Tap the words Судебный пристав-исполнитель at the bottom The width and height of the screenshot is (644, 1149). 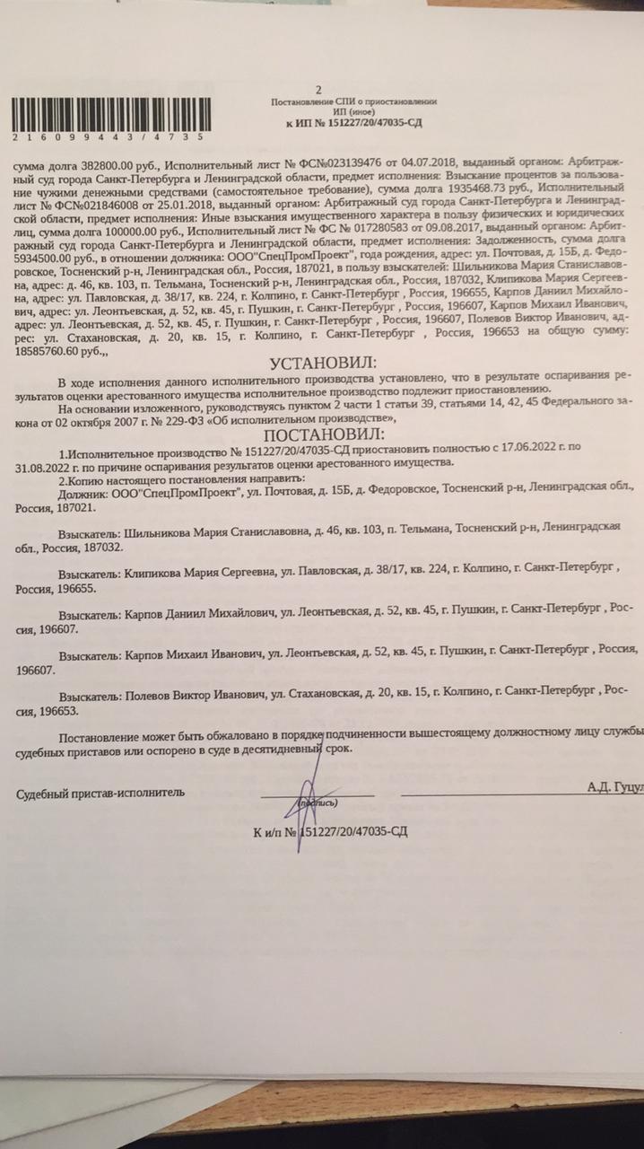(100, 793)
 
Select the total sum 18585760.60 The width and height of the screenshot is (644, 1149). (54, 355)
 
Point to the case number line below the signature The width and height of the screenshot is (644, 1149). (331, 831)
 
